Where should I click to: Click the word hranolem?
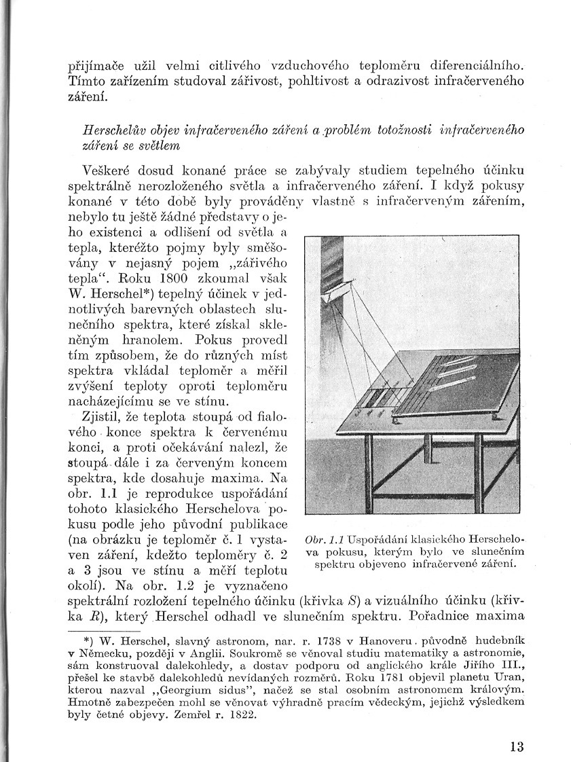tap(149, 338)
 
